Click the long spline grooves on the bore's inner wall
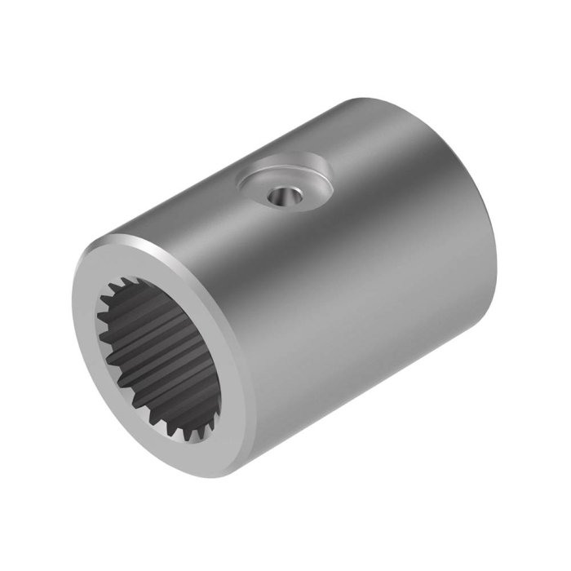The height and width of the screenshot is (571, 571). [x=163, y=343]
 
